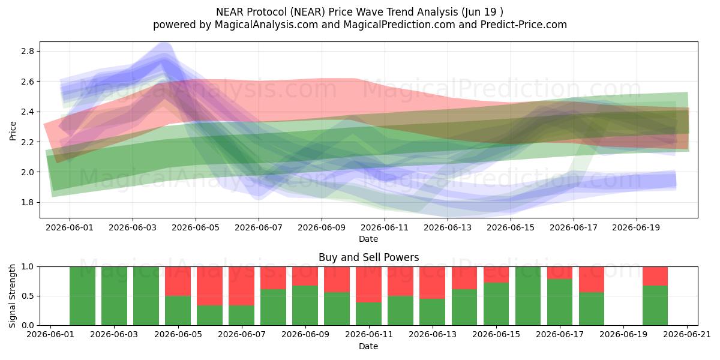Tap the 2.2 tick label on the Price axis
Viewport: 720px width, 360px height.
click(28, 142)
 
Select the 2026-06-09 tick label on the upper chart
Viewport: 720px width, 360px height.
click(322, 227)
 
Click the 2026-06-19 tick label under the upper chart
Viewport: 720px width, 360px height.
click(636, 227)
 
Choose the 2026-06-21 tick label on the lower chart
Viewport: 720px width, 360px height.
click(687, 335)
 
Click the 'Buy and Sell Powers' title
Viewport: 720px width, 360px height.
click(368, 257)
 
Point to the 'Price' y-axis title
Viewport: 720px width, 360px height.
click(13, 131)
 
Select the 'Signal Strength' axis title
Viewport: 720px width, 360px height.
click(13, 296)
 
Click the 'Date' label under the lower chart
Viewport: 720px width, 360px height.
click(368, 346)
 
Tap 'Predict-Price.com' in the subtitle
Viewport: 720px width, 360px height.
click(524, 25)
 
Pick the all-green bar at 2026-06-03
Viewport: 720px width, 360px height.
click(114, 296)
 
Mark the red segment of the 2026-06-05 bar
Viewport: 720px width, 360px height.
click(178, 281)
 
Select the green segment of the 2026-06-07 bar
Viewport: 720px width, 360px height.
click(241, 316)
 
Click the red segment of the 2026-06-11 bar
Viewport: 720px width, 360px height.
click(368, 285)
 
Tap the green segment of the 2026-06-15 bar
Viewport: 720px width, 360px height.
click(496, 304)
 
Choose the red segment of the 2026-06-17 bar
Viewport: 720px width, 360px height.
click(560, 273)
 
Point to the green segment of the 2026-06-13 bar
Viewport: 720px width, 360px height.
click(433, 312)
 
